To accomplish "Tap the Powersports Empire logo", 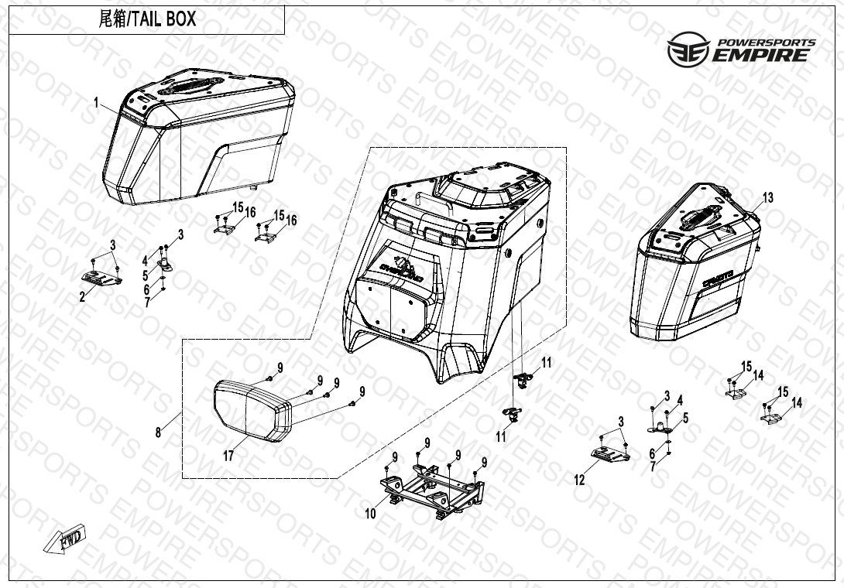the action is [741, 49].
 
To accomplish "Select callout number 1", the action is [96, 102].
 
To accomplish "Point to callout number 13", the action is [768, 198].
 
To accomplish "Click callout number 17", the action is [228, 456].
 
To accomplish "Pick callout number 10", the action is [370, 514].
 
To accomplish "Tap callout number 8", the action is [158, 432].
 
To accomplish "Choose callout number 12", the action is [579, 480].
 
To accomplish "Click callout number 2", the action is [82, 296].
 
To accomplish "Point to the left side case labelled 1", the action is [199, 137].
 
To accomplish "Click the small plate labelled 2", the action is [101, 278].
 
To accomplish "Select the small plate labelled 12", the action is [610, 455].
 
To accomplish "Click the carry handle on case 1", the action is [190, 86].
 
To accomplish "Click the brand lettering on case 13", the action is [718, 279].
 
